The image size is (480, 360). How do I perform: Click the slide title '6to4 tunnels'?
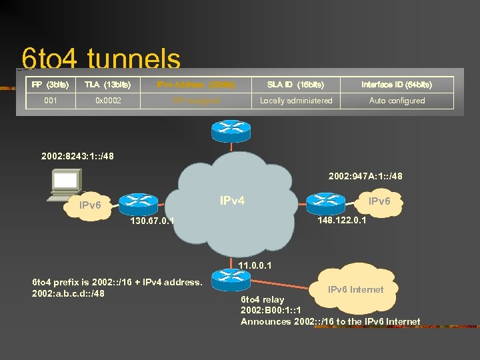point(101,59)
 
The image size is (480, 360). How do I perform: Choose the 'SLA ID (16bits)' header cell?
point(295,85)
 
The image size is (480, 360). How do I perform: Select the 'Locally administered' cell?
point(295,101)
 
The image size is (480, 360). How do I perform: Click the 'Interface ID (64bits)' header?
point(397,85)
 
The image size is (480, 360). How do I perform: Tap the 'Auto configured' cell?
point(397,101)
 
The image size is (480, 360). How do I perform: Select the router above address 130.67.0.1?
point(139,202)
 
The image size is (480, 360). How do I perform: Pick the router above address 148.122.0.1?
point(325,201)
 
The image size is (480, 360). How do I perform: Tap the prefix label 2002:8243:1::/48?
point(77,157)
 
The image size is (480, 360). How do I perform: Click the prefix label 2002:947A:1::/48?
point(365,177)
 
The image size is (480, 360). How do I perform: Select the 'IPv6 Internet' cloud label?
point(355,289)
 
